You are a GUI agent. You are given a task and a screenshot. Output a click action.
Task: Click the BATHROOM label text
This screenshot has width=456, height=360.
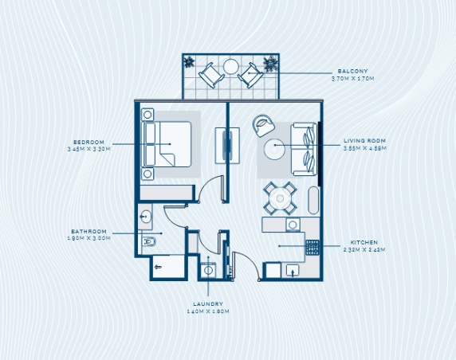click(88, 231)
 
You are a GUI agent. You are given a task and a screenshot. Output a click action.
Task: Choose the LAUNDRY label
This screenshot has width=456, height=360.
click(210, 303)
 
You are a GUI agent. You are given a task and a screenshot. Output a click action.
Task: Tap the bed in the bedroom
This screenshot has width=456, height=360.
click(167, 150)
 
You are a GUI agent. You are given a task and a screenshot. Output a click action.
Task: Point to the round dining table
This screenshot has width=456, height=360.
click(280, 197)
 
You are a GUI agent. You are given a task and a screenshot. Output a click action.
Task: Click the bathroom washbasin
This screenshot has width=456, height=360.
click(146, 216)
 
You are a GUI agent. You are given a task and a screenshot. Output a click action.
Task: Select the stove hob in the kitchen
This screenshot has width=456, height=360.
click(313, 247)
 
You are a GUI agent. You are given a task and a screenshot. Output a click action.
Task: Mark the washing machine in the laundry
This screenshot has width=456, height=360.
click(209, 271)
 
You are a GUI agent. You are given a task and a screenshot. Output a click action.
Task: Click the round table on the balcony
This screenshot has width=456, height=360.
click(231, 67)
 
